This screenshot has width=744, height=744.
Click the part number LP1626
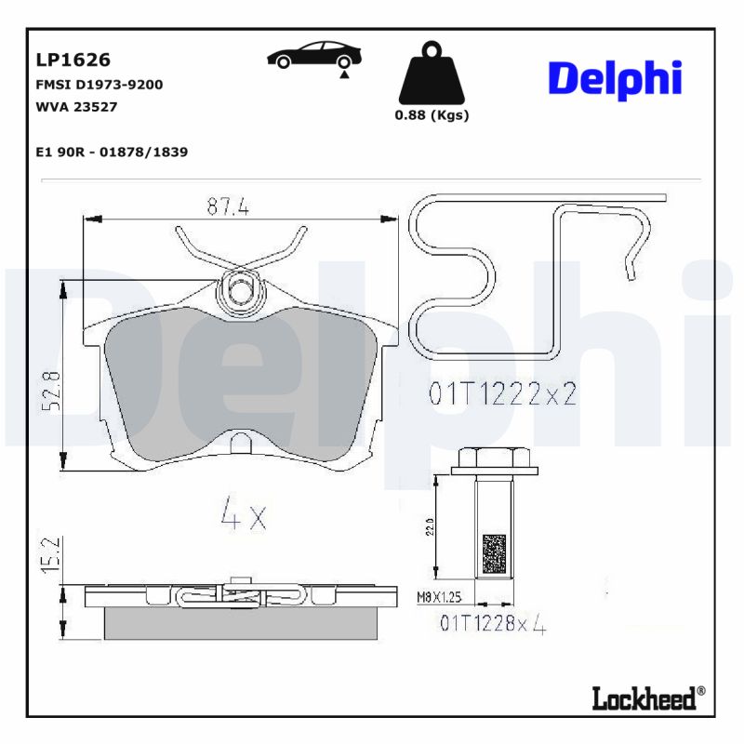pyautogui.click(x=73, y=60)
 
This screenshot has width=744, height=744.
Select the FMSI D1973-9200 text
pyautogui.click(x=99, y=85)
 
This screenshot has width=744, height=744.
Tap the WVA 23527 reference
pyautogui.click(x=76, y=106)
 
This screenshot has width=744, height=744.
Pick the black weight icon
pyautogui.click(x=431, y=73)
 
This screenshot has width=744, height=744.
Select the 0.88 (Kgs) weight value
pyautogui.click(x=432, y=115)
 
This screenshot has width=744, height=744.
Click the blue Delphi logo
pyautogui.click(x=615, y=80)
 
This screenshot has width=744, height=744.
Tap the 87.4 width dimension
pyautogui.click(x=228, y=207)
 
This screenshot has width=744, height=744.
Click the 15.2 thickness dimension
pyautogui.click(x=53, y=553)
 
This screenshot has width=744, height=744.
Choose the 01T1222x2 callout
pyautogui.click(x=502, y=395)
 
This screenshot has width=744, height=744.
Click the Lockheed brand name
pyautogui.click(x=644, y=697)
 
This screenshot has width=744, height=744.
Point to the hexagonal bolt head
pyautogui.click(x=493, y=458)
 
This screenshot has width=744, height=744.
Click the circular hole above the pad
pyautogui.click(x=241, y=289)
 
